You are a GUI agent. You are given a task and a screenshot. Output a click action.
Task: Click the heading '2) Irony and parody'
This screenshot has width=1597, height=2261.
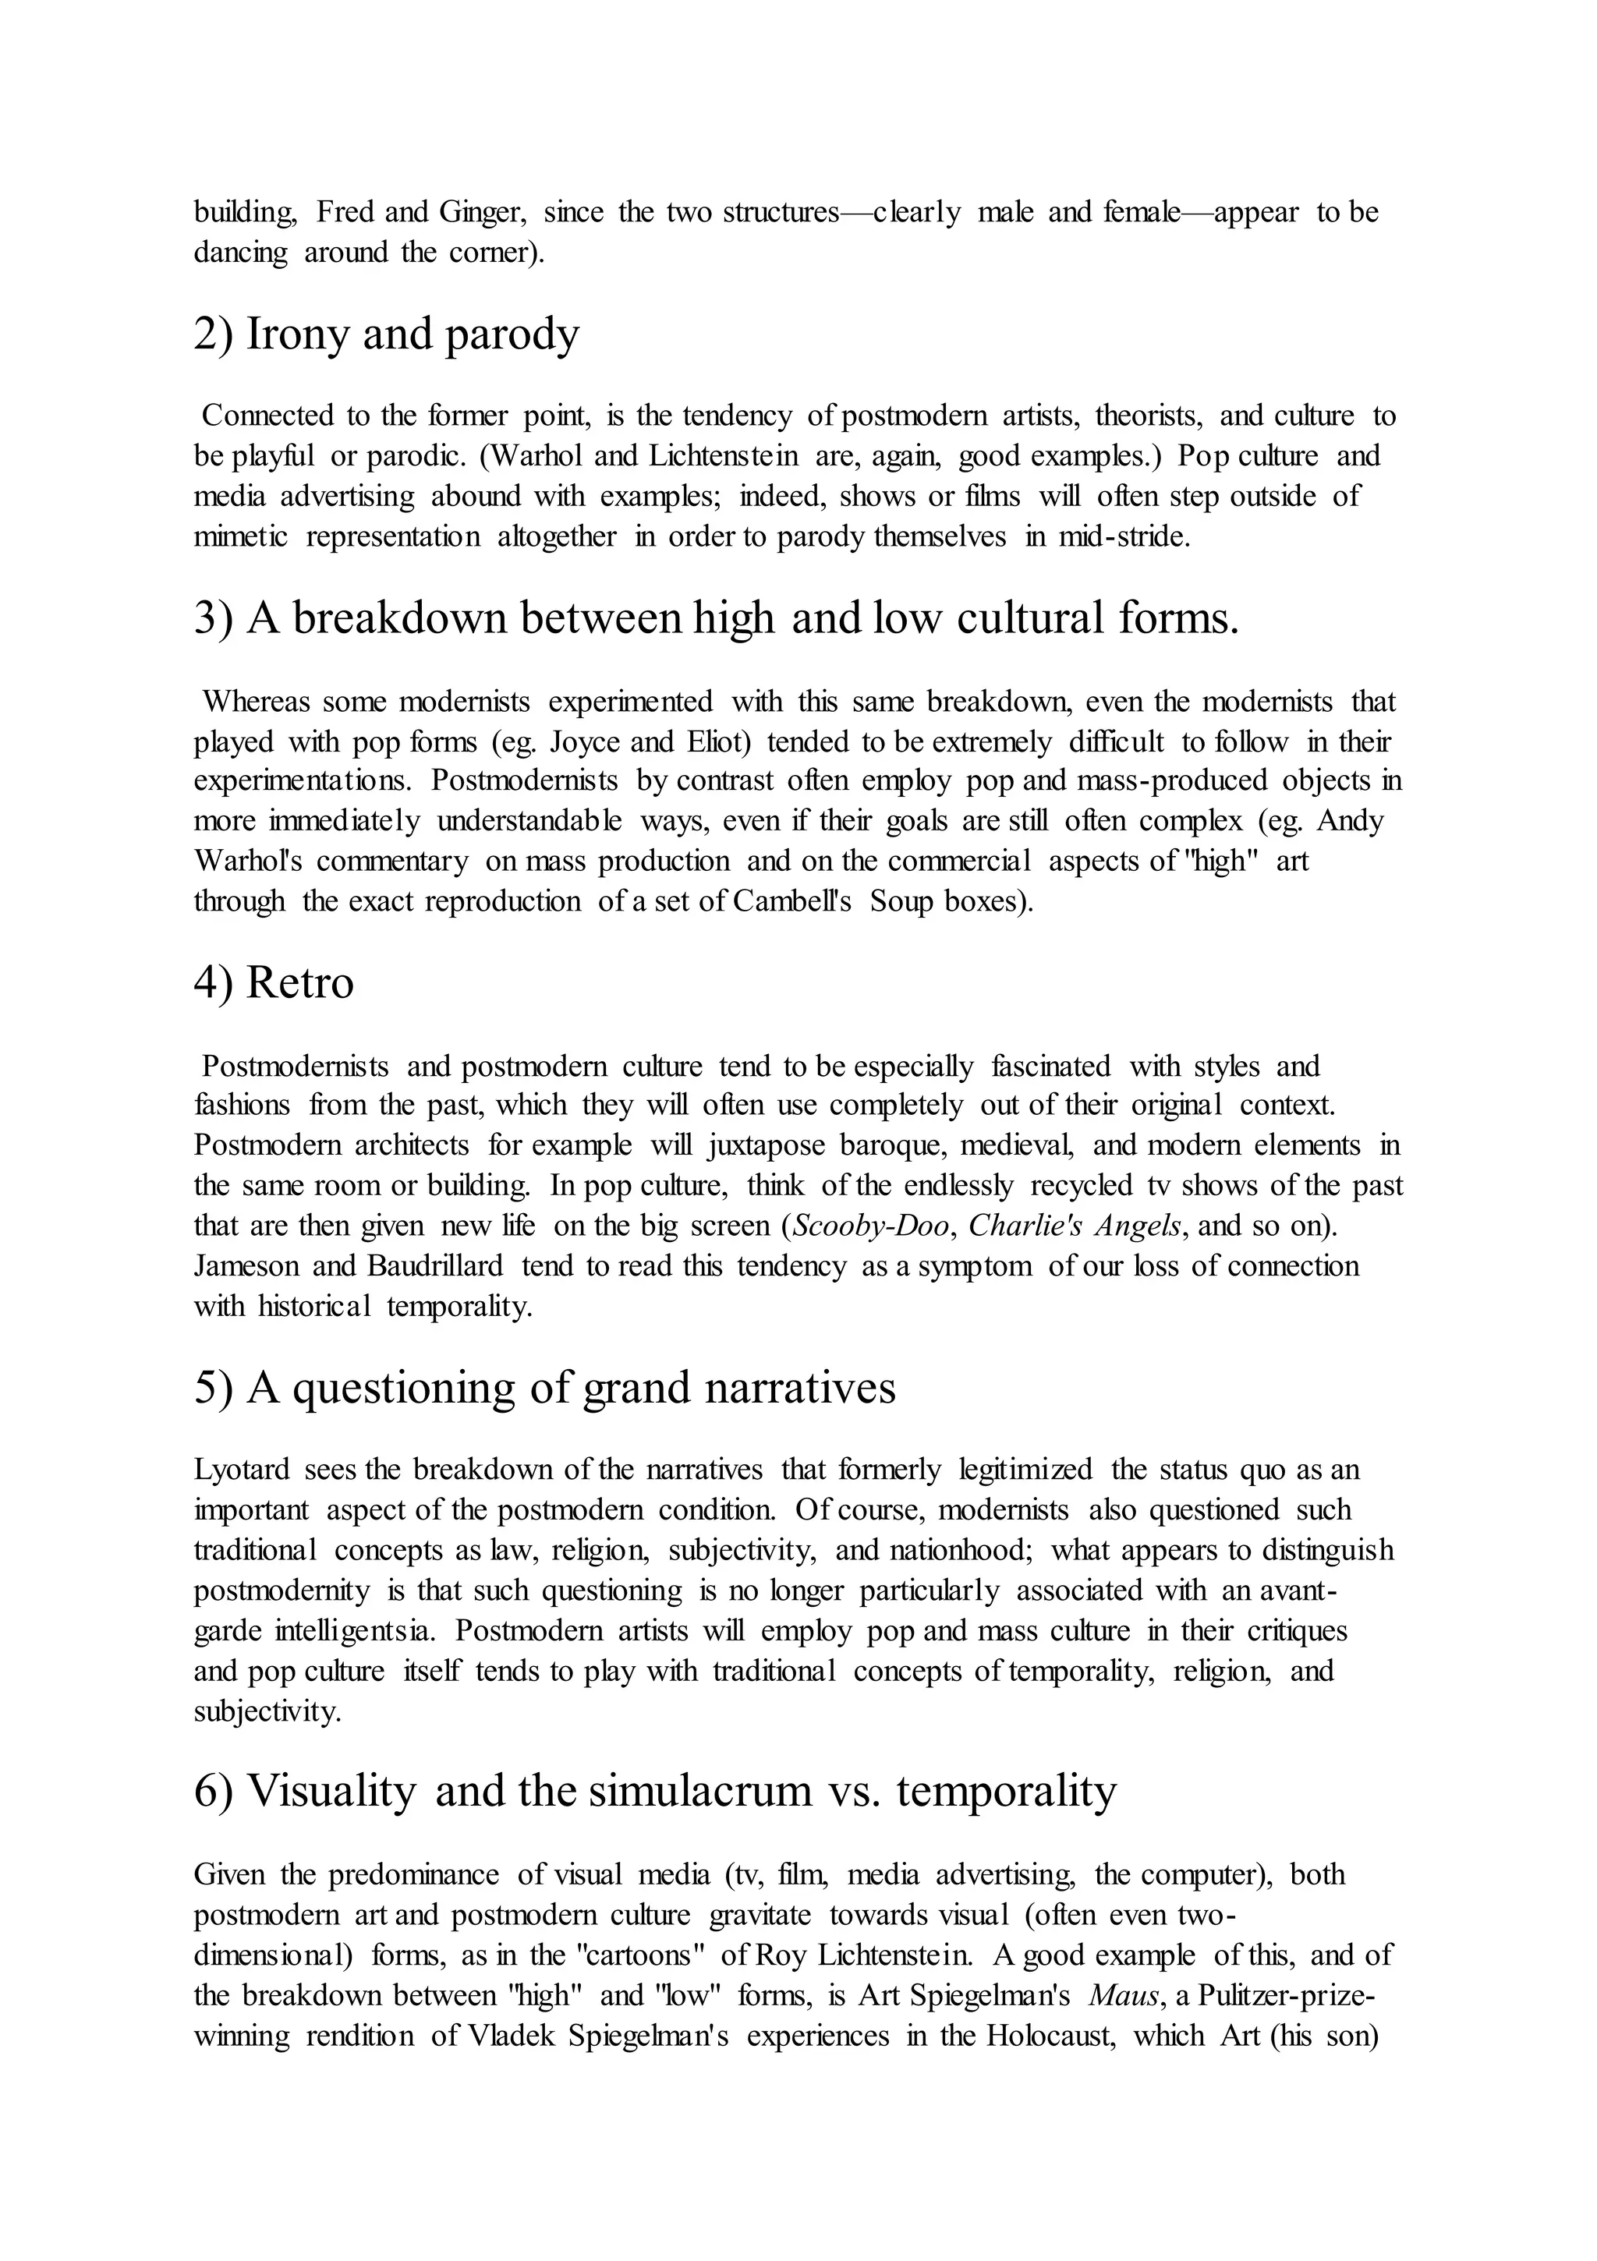click(386, 334)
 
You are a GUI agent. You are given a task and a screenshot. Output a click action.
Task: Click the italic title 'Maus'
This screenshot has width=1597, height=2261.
click(1121, 1996)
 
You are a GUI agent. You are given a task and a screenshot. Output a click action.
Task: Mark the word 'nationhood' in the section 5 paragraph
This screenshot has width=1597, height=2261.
click(961, 1550)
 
